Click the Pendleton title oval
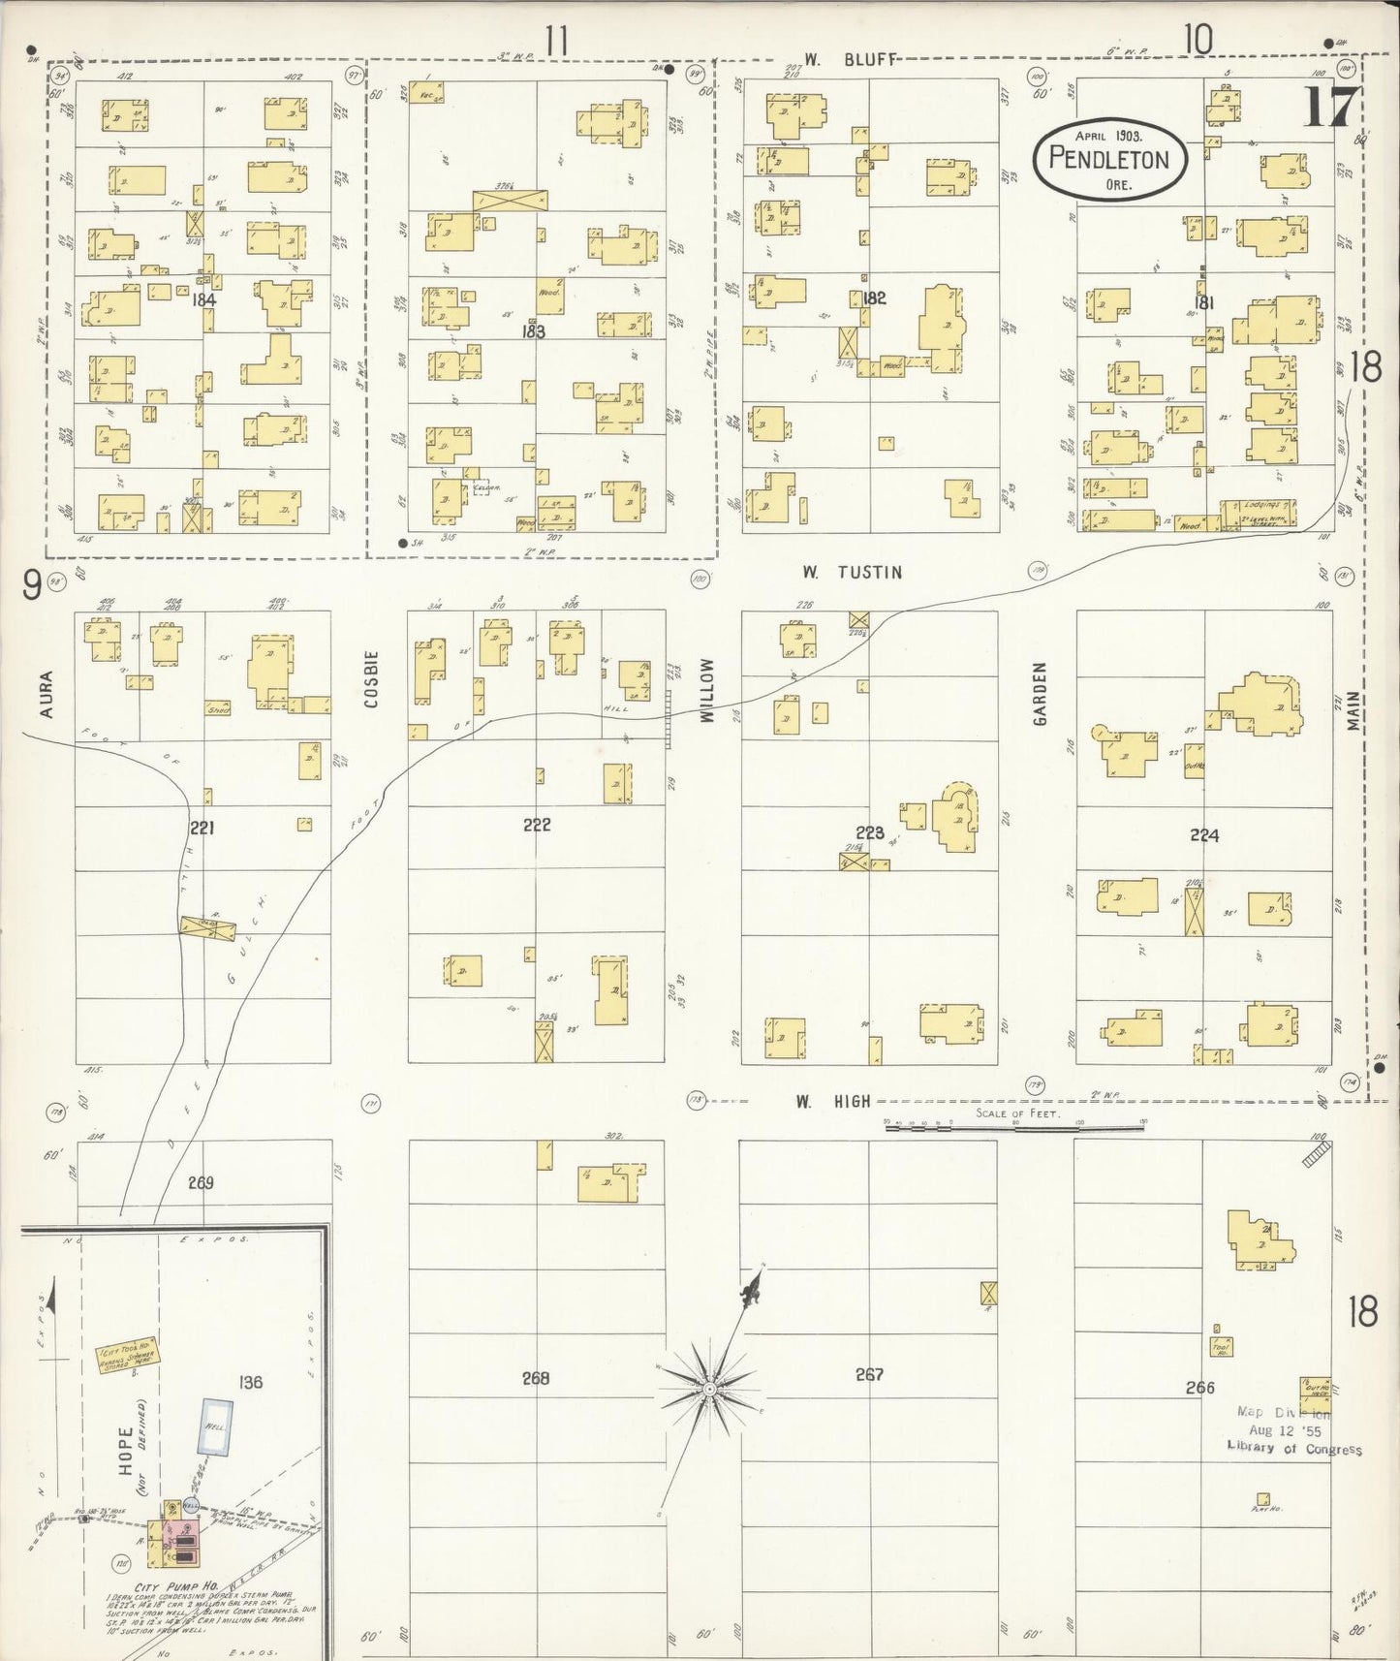click(x=1109, y=160)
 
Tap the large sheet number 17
click(x=1331, y=107)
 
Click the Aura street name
click(x=46, y=695)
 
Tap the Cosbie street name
click(x=372, y=678)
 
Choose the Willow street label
click(x=706, y=690)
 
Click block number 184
click(x=203, y=299)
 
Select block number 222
click(x=537, y=825)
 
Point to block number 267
click(x=869, y=1374)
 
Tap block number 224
click(x=1204, y=835)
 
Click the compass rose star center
click(x=710, y=1389)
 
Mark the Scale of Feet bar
click(x=1014, y=1124)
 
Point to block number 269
click(x=201, y=1182)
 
